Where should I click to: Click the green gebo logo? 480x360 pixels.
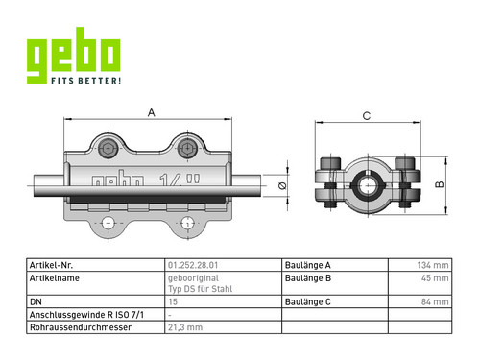coord(73,56)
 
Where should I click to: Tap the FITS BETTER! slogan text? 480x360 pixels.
coord(86,81)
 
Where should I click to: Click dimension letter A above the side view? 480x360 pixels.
coord(151,112)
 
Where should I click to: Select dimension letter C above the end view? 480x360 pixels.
coord(367,116)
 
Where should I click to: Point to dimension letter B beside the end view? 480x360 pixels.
coord(440,184)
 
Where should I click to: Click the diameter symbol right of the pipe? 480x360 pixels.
coord(282,185)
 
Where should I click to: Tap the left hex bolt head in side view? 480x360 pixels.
coord(108,149)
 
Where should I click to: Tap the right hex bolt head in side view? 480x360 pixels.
coord(187,149)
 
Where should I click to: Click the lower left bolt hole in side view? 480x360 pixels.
coord(108,223)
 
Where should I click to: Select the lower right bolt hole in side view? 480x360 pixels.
coord(187,223)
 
